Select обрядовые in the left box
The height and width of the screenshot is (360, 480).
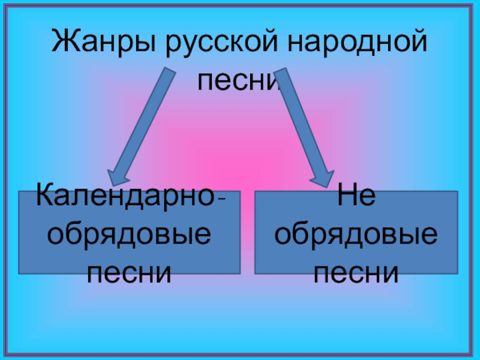(129, 235)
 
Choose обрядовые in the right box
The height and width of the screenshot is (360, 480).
(356, 235)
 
